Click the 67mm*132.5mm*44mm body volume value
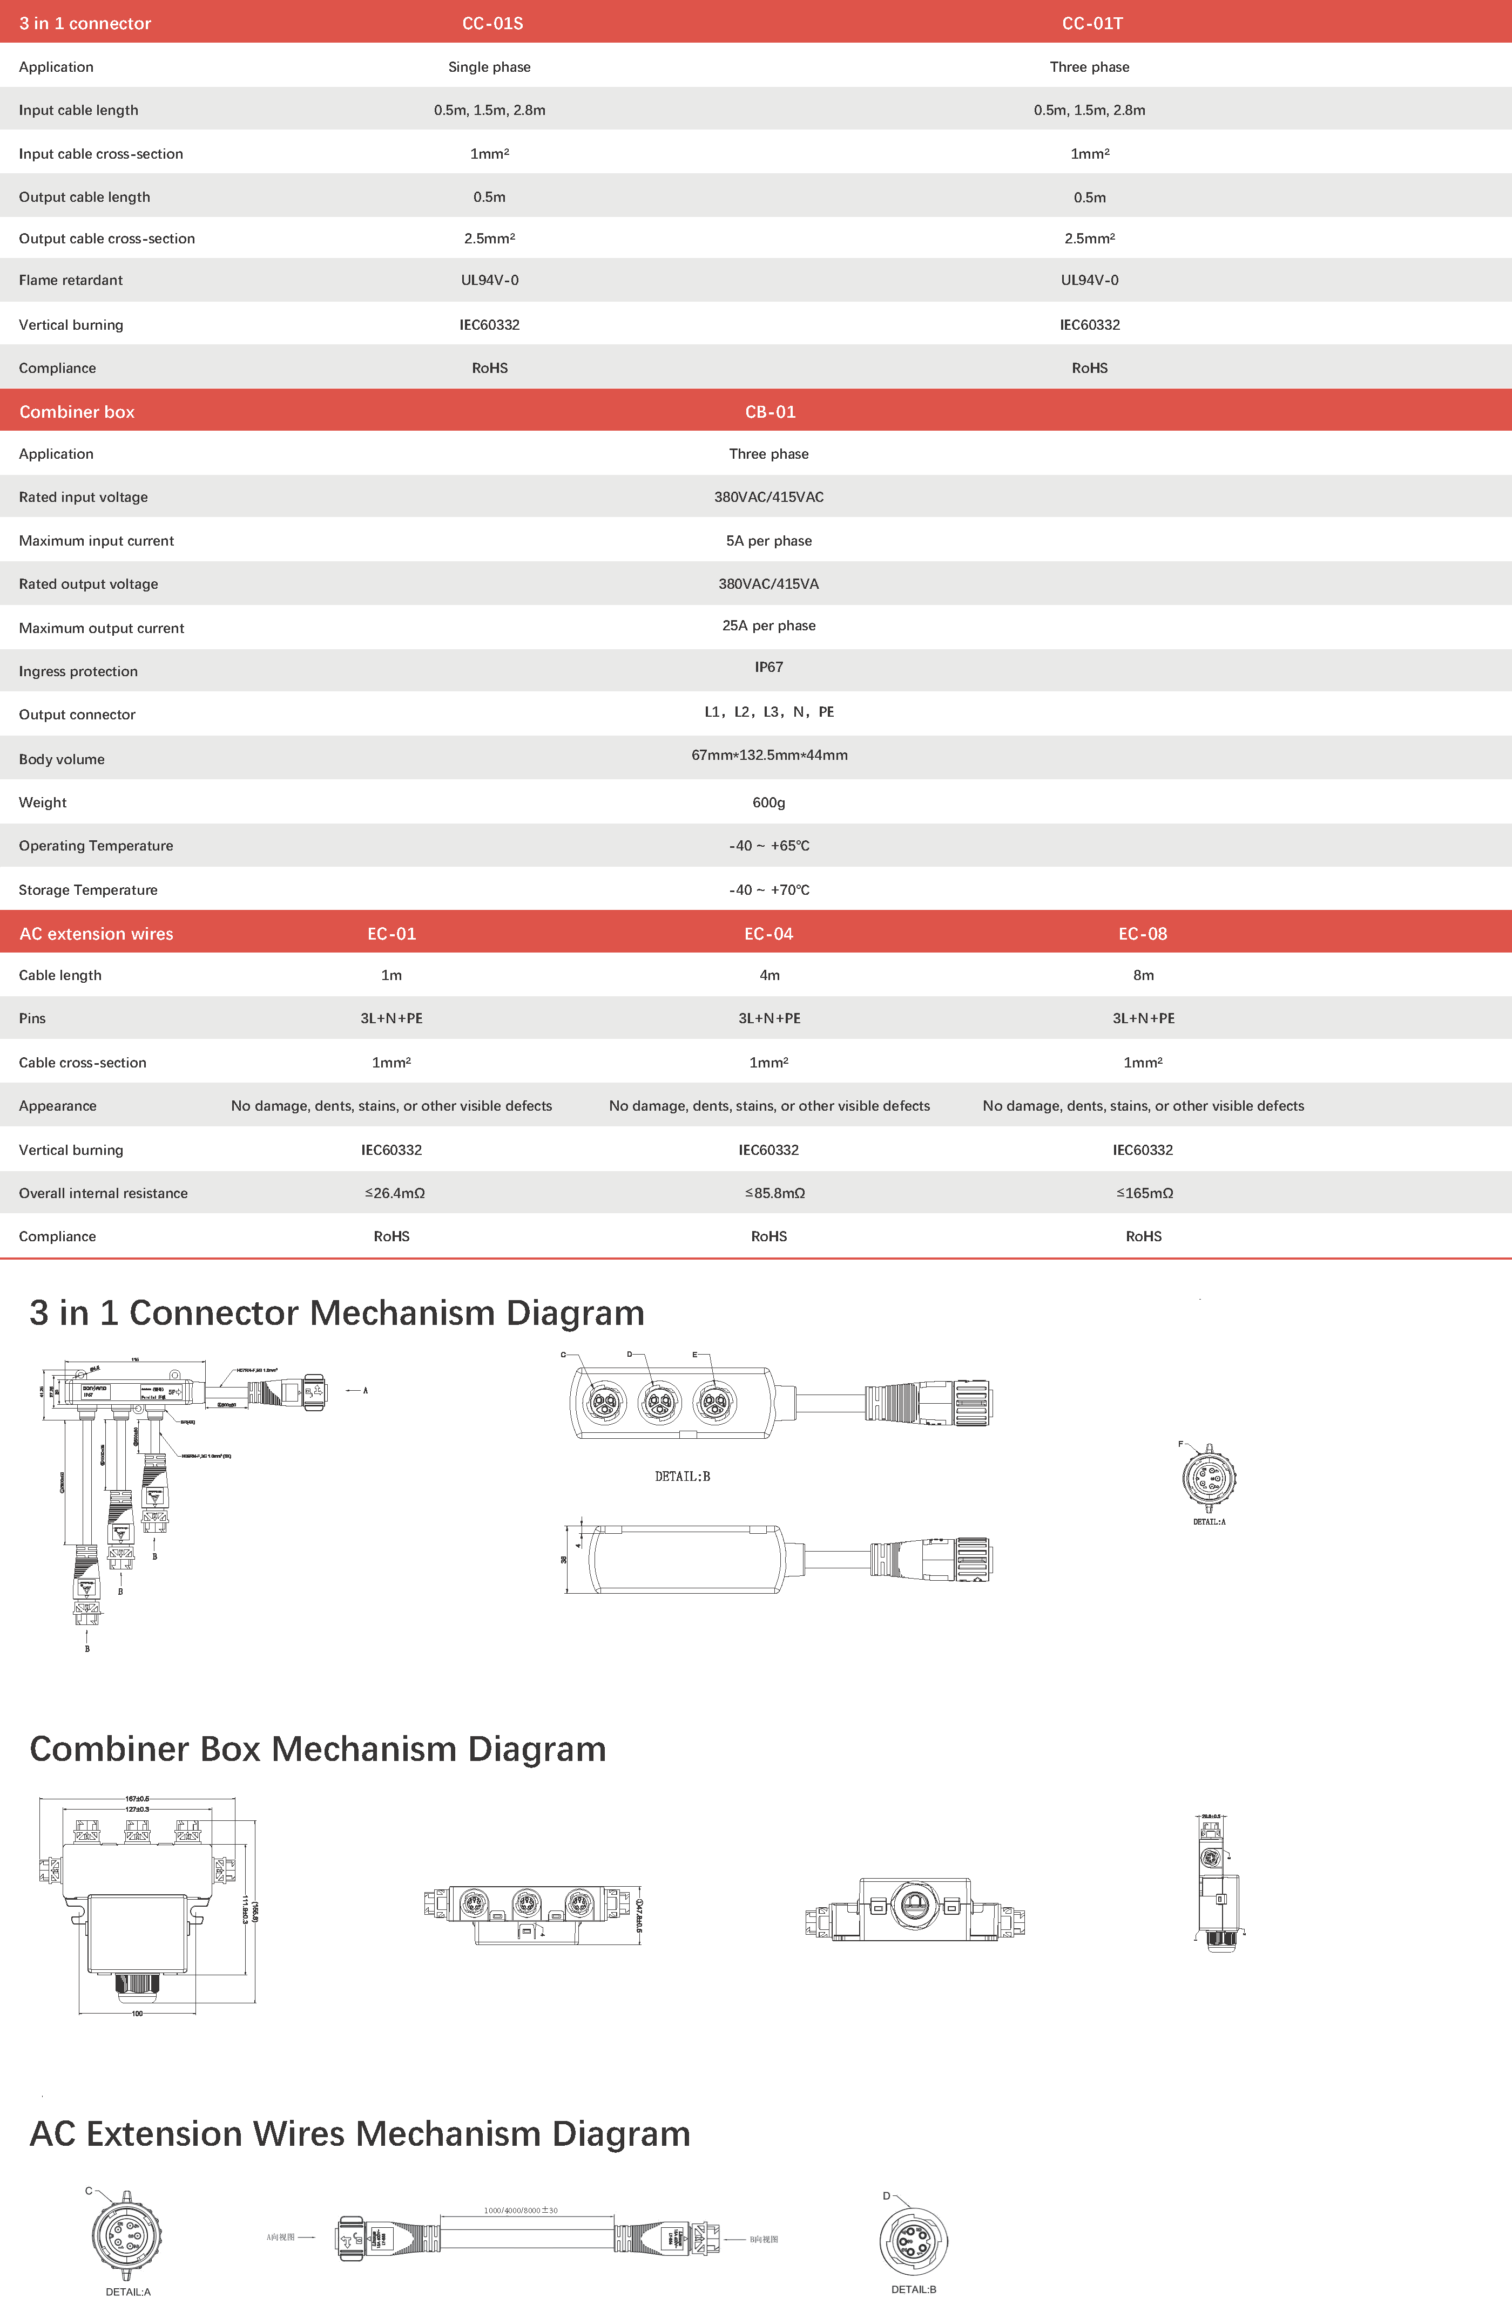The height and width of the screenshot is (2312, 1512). click(x=768, y=755)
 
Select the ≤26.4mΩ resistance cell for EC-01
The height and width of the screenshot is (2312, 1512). click(x=395, y=1193)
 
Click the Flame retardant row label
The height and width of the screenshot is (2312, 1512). click(x=71, y=280)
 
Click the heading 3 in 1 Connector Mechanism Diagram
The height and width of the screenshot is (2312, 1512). click(x=336, y=1313)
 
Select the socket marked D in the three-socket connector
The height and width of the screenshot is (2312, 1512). click(x=660, y=1402)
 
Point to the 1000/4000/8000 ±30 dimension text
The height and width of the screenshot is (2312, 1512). click(x=521, y=2210)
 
